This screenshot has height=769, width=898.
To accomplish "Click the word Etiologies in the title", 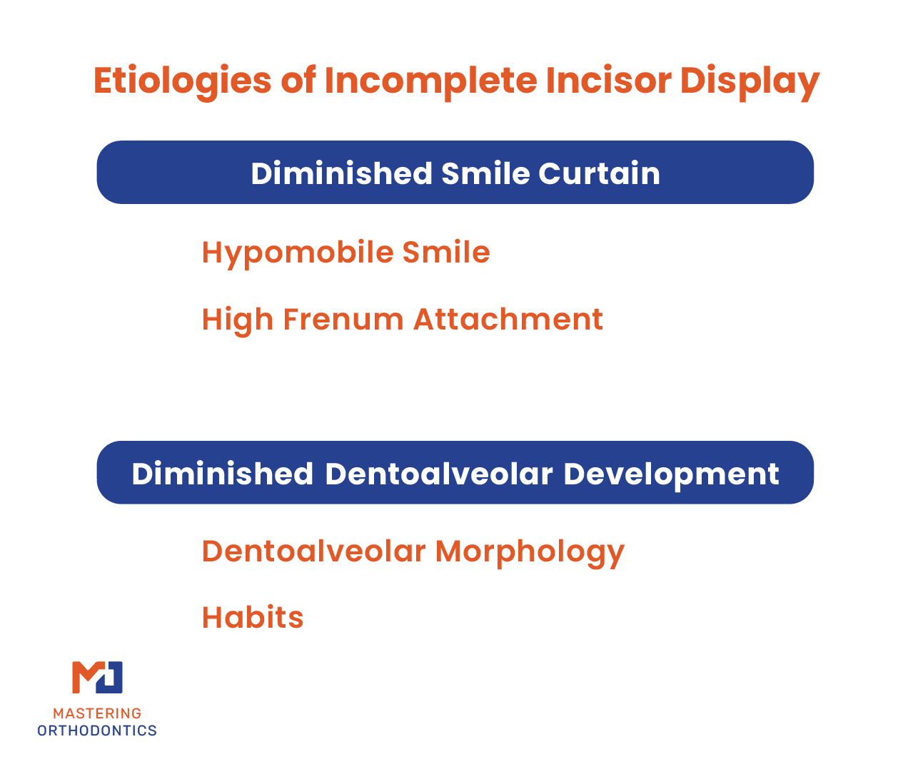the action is click(183, 81).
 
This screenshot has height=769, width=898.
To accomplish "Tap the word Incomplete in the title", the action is click(431, 81).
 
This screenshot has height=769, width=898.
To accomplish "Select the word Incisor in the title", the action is click(609, 81).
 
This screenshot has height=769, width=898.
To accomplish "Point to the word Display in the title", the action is click(750, 81).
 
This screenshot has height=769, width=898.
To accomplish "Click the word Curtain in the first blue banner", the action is click(599, 173).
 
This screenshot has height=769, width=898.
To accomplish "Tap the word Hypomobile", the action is click(298, 253).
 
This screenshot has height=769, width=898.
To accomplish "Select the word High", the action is click(238, 320).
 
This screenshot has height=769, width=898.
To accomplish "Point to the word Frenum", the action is click(343, 320).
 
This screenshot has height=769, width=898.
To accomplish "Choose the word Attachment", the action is click(508, 320).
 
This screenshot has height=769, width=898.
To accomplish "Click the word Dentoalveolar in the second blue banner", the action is click(439, 473).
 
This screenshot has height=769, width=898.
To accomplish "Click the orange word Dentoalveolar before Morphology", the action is click(313, 551).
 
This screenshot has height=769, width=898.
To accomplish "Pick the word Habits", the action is click(253, 617).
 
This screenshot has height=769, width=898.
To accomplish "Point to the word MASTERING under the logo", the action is click(97, 713).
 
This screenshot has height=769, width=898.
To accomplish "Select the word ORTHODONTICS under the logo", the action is click(97, 730).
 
